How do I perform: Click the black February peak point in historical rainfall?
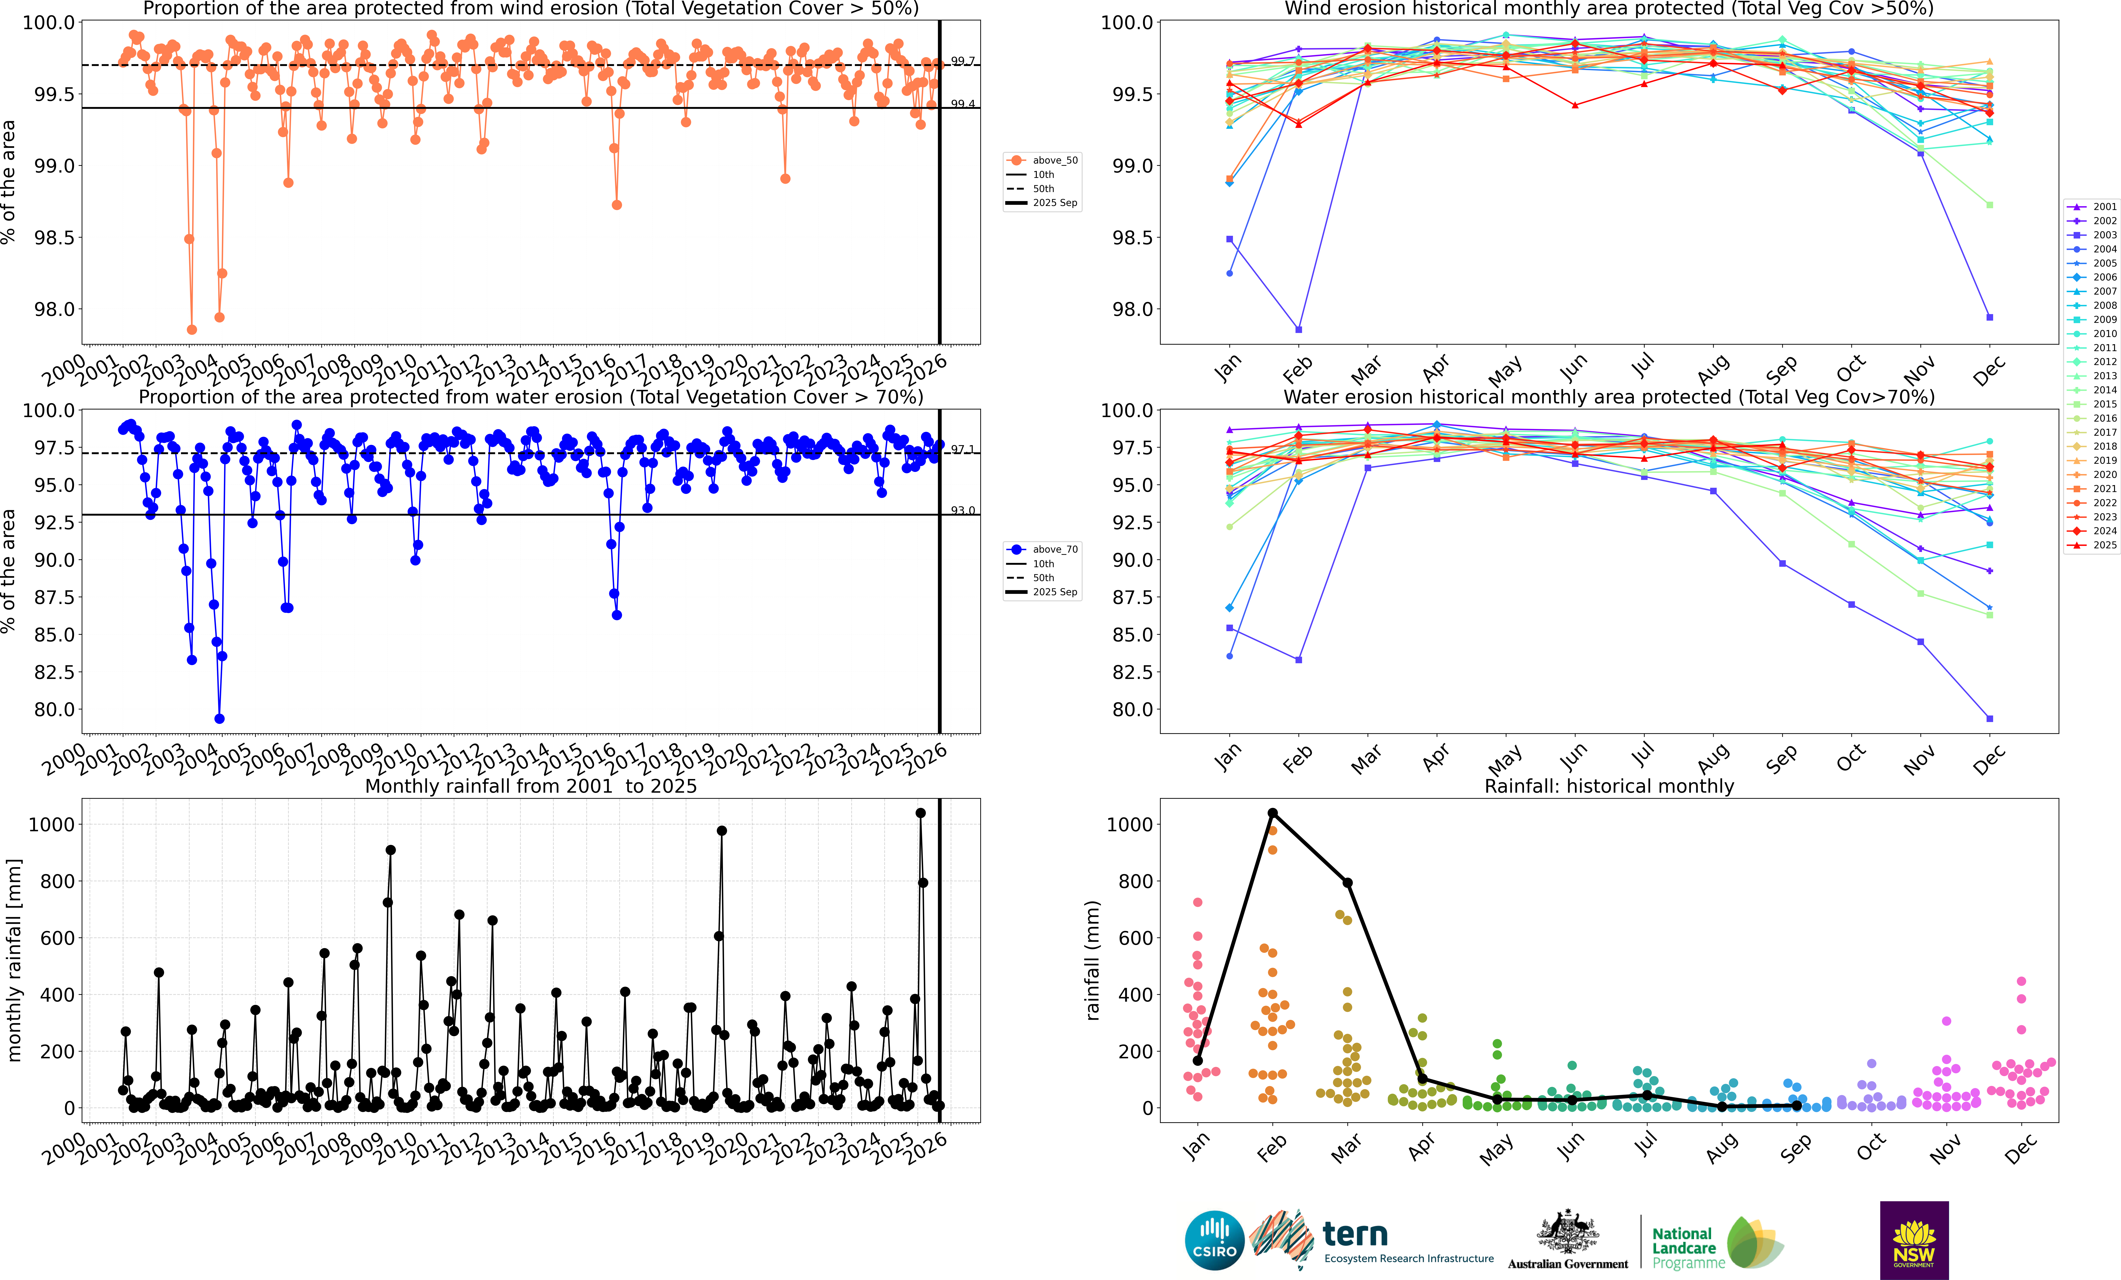coord(1272,813)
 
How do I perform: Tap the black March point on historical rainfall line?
coord(1347,882)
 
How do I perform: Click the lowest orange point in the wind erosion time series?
coord(192,330)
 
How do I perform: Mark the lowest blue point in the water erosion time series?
coord(219,719)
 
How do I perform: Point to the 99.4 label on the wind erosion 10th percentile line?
coord(962,104)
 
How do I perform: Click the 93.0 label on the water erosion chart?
coord(962,510)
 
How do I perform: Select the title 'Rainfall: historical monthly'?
coord(1609,786)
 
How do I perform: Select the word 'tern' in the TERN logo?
coord(1355,1234)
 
